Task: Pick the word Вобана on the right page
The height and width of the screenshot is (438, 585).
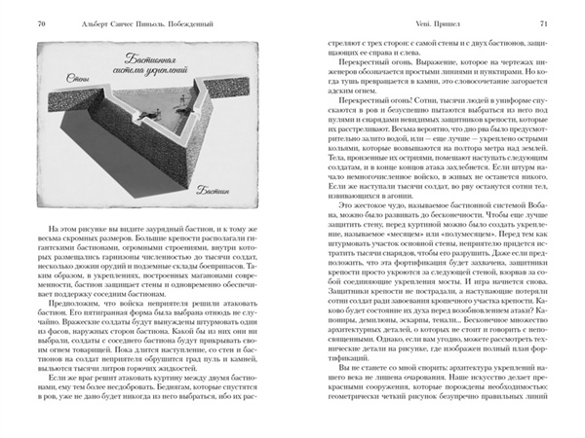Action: [534, 236]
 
